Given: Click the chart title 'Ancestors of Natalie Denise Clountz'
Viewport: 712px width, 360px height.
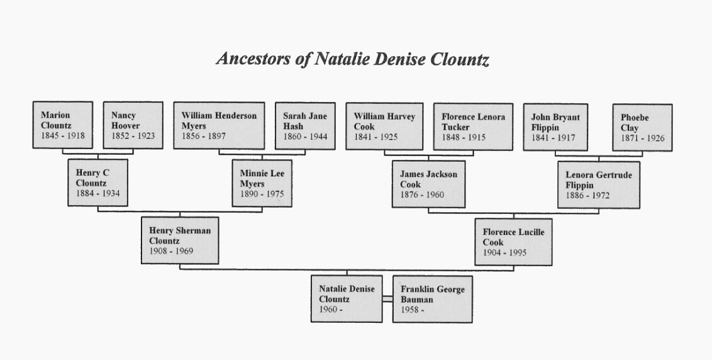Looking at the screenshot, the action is click(x=353, y=59).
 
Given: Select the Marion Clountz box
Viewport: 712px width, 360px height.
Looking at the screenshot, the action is click(x=63, y=125).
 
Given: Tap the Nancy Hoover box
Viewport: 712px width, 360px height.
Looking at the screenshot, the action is click(x=133, y=125).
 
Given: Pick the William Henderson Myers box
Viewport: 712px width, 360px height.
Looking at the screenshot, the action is click(x=219, y=125).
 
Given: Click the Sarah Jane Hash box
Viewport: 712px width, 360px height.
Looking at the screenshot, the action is click(x=305, y=126).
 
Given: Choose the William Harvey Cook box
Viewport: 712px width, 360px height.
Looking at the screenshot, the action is click(x=384, y=127).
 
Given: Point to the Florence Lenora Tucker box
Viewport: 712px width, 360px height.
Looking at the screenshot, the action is click(x=473, y=127).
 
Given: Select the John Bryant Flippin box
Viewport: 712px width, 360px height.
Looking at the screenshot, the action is click(x=555, y=127).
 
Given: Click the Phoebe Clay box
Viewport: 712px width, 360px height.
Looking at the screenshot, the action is click(x=642, y=128).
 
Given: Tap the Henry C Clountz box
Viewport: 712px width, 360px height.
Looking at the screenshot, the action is click(x=97, y=183).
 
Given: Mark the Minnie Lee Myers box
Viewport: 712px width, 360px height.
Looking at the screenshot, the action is click(x=262, y=183).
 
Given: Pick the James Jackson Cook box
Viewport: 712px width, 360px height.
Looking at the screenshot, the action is click(x=429, y=184).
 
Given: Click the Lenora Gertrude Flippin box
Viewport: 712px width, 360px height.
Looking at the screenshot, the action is click(x=599, y=185).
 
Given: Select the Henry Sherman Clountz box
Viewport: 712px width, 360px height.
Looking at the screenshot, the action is click(x=180, y=240).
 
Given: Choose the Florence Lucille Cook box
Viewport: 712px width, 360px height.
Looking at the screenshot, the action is click(x=514, y=242).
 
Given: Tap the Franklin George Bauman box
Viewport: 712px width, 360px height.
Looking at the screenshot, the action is click(x=432, y=299).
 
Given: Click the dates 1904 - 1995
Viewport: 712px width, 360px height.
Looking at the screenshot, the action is click(x=504, y=253).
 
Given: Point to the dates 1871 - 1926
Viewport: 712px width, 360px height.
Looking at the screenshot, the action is click(x=643, y=138).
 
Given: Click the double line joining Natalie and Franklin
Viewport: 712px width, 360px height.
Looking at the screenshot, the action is click(x=387, y=298).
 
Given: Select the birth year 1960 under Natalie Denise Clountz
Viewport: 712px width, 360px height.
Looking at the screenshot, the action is click(x=328, y=310).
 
